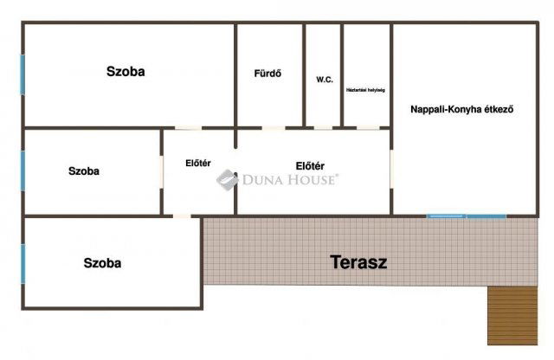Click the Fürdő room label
pos(267,73)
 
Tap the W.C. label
pos(325,79)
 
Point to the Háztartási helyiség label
pos(365,89)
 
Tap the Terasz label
pos(358,262)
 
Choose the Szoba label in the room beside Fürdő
pos(126,71)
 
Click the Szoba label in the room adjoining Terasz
pos(102,262)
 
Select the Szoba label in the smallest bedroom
pos(84,170)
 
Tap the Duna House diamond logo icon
pos(227,179)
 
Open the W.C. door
pos(323,128)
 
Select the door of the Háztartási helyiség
pos(367,128)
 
